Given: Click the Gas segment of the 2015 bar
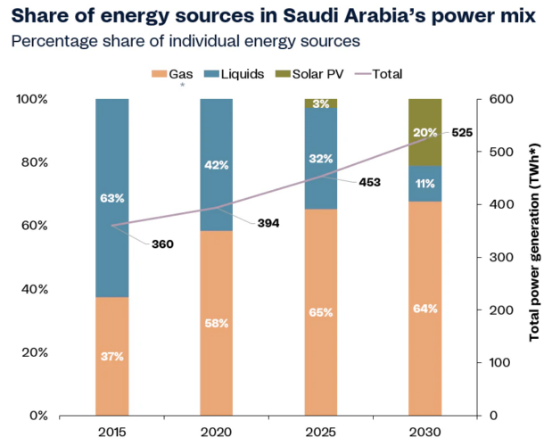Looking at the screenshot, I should pyautogui.click(x=112, y=357).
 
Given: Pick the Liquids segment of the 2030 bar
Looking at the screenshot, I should pyautogui.click(x=425, y=184).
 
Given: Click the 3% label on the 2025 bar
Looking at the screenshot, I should pyautogui.click(x=321, y=103).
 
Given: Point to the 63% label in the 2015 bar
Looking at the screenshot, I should pyautogui.click(x=112, y=197).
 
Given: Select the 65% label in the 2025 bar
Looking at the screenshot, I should pyautogui.click(x=321, y=312).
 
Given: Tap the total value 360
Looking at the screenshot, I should pyautogui.click(x=162, y=244).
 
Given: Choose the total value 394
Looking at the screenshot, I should pyautogui.click(x=268, y=222).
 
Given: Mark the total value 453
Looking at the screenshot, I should pyautogui.click(x=369, y=182).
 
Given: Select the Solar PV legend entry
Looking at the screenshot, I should pyautogui.click(x=309, y=74).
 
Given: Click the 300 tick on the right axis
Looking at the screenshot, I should pyautogui.click(x=500, y=257).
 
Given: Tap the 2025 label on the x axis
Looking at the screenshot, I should pyautogui.click(x=321, y=431).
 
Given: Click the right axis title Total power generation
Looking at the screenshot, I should pyautogui.click(x=534, y=257).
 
